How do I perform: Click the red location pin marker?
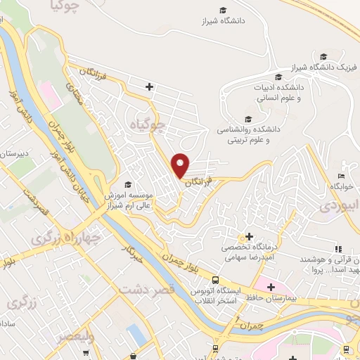tap(181, 165)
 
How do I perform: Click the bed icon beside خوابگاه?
tap(341, 176)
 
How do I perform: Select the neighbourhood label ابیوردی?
tap(340, 206)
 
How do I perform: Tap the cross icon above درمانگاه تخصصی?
tap(250, 238)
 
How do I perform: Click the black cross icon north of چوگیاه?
tap(149, 86)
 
